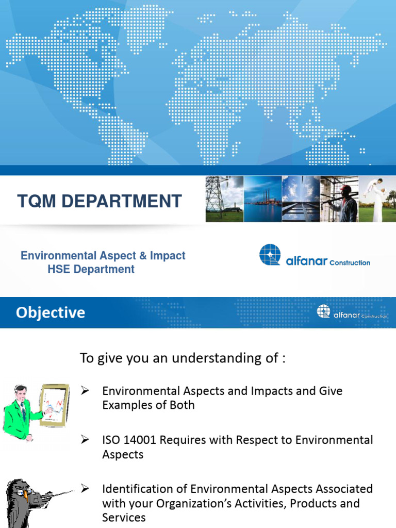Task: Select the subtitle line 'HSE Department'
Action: point(91,269)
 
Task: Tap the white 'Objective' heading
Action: point(51,312)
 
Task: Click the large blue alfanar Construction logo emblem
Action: point(270,255)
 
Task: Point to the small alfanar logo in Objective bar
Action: point(323,311)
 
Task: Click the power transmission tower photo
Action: point(224,199)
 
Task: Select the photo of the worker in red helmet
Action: point(339,199)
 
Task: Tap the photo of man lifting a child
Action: point(377,199)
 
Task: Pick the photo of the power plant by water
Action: point(262,199)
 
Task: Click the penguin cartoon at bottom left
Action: point(23,503)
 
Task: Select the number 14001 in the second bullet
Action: point(139,440)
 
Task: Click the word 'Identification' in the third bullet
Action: point(135,488)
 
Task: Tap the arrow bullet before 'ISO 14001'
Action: point(86,440)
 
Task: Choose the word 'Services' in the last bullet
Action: point(124,517)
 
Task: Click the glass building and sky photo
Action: point(301,199)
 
